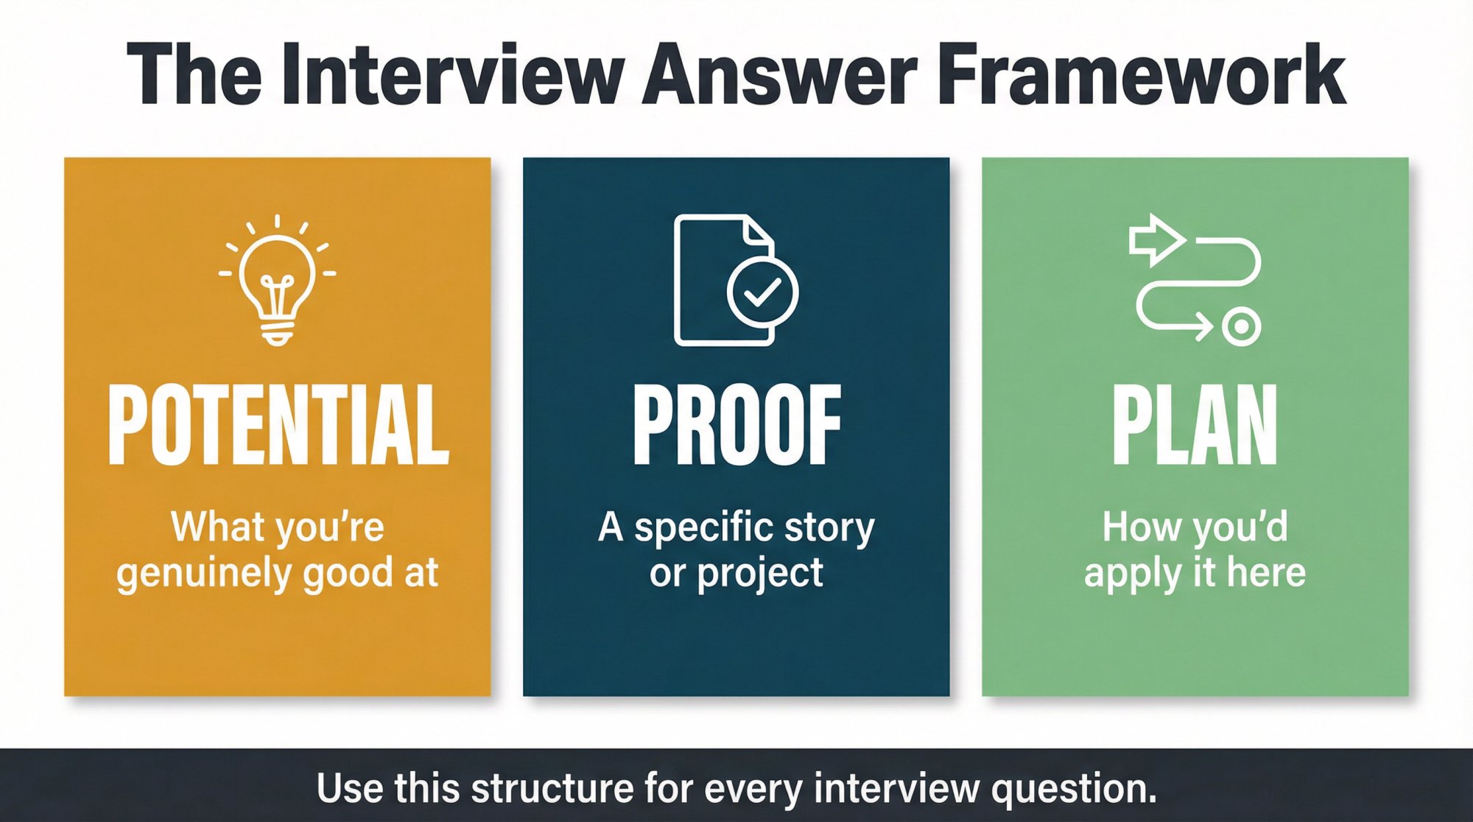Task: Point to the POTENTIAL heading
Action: pos(278,425)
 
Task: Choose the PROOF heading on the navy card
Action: pos(736,425)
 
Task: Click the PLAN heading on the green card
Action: pos(1195,425)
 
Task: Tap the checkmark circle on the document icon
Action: pos(762,292)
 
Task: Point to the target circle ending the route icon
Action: pos(1241,326)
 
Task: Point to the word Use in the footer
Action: pos(350,788)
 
